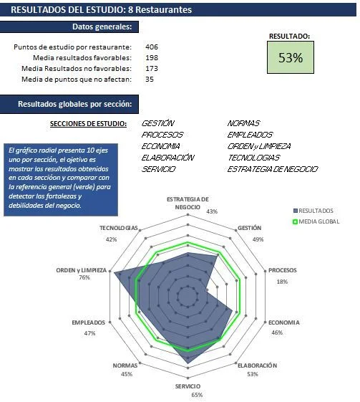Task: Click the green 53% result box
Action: (x=290, y=58)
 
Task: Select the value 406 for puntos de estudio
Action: (x=152, y=47)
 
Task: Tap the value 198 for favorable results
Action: (x=152, y=57)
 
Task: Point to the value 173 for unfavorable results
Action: (x=152, y=67)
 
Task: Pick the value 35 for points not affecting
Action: (x=150, y=79)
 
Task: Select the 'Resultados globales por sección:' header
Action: (x=75, y=105)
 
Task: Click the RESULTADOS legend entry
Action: (x=315, y=211)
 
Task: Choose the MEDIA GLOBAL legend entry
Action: (x=318, y=221)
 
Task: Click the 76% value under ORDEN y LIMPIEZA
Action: (x=84, y=278)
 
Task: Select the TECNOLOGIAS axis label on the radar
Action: (x=118, y=228)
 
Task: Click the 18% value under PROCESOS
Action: (x=282, y=281)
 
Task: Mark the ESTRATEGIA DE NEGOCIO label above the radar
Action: (x=188, y=203)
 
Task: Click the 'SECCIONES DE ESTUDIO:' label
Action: (x=88, y=124)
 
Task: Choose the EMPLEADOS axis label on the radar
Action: (x=89, y=322)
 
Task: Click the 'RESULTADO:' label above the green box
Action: (x=289, y=35)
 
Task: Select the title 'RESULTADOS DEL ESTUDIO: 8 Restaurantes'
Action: (x=101, y=9)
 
